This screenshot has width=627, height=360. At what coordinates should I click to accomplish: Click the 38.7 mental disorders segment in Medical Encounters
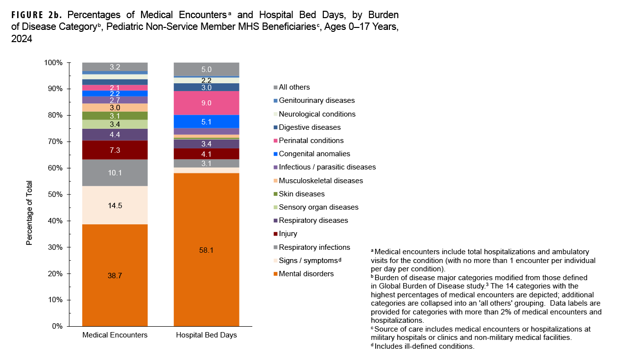pyautogui.click(x=115, y=275)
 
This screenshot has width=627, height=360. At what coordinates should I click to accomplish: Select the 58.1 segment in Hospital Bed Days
pyautogui.click(x=207, y=250)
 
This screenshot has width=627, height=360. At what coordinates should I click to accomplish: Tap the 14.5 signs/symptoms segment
pyautogui.click(x=115, y=205)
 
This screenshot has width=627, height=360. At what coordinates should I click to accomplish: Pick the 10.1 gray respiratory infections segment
pyautogui.click(x=115, y=172)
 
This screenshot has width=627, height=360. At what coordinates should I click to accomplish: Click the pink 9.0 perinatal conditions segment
pyautogui.click(x=207, y=103)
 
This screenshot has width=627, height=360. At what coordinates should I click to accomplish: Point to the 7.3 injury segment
pyautogui.click(x=115, y=150)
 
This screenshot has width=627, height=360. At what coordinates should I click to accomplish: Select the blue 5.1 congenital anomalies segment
pyautogui.click(x=207, y=121)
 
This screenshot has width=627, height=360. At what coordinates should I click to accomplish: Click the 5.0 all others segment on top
pyautogui.click(x=207, y=70)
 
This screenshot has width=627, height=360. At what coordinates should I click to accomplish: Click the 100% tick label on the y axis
pyautogui.click(x=53, y=63)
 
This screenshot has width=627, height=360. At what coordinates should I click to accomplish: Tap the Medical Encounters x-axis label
pyautogui.click(x=115, y=335)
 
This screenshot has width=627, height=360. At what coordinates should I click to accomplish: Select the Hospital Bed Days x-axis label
pyautogui.click(x=207, y=335)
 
